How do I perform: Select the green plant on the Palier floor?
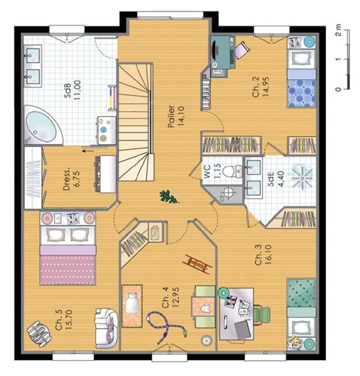click(x=169, y=197)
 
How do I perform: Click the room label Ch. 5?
click(x=59, y=320)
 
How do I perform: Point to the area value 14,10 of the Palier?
click(x=181, y=116)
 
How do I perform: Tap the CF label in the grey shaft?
click(x=222, y=198)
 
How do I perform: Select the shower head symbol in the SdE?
click(x=302, y=178)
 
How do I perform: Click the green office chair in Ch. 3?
click(x=262, y=314)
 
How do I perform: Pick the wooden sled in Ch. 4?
click(x=198, y=264)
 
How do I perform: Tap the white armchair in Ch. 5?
click(x=106, y=328)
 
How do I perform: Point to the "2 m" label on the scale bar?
click(x=338, y=30)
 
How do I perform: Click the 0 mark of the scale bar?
click(x=338, y=89)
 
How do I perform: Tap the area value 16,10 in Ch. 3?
click(x=268, y=254)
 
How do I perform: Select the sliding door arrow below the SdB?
click(x=87, y=151)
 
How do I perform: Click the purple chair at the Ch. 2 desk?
click(x=242, y=50)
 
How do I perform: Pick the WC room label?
click(x=208, y=171)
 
